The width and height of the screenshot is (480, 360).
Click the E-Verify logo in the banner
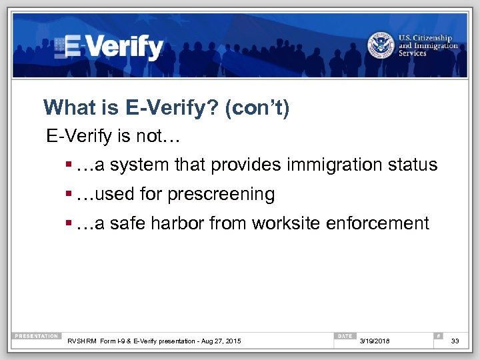pos(110,47)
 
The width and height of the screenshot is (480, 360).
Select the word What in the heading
pos(65,107)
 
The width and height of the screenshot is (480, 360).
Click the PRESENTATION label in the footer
pos(37,336)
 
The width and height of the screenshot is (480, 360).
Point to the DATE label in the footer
pos(345,336)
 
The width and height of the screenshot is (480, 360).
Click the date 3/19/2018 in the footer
pos(376,341)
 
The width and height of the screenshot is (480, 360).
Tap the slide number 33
pos(455,341)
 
